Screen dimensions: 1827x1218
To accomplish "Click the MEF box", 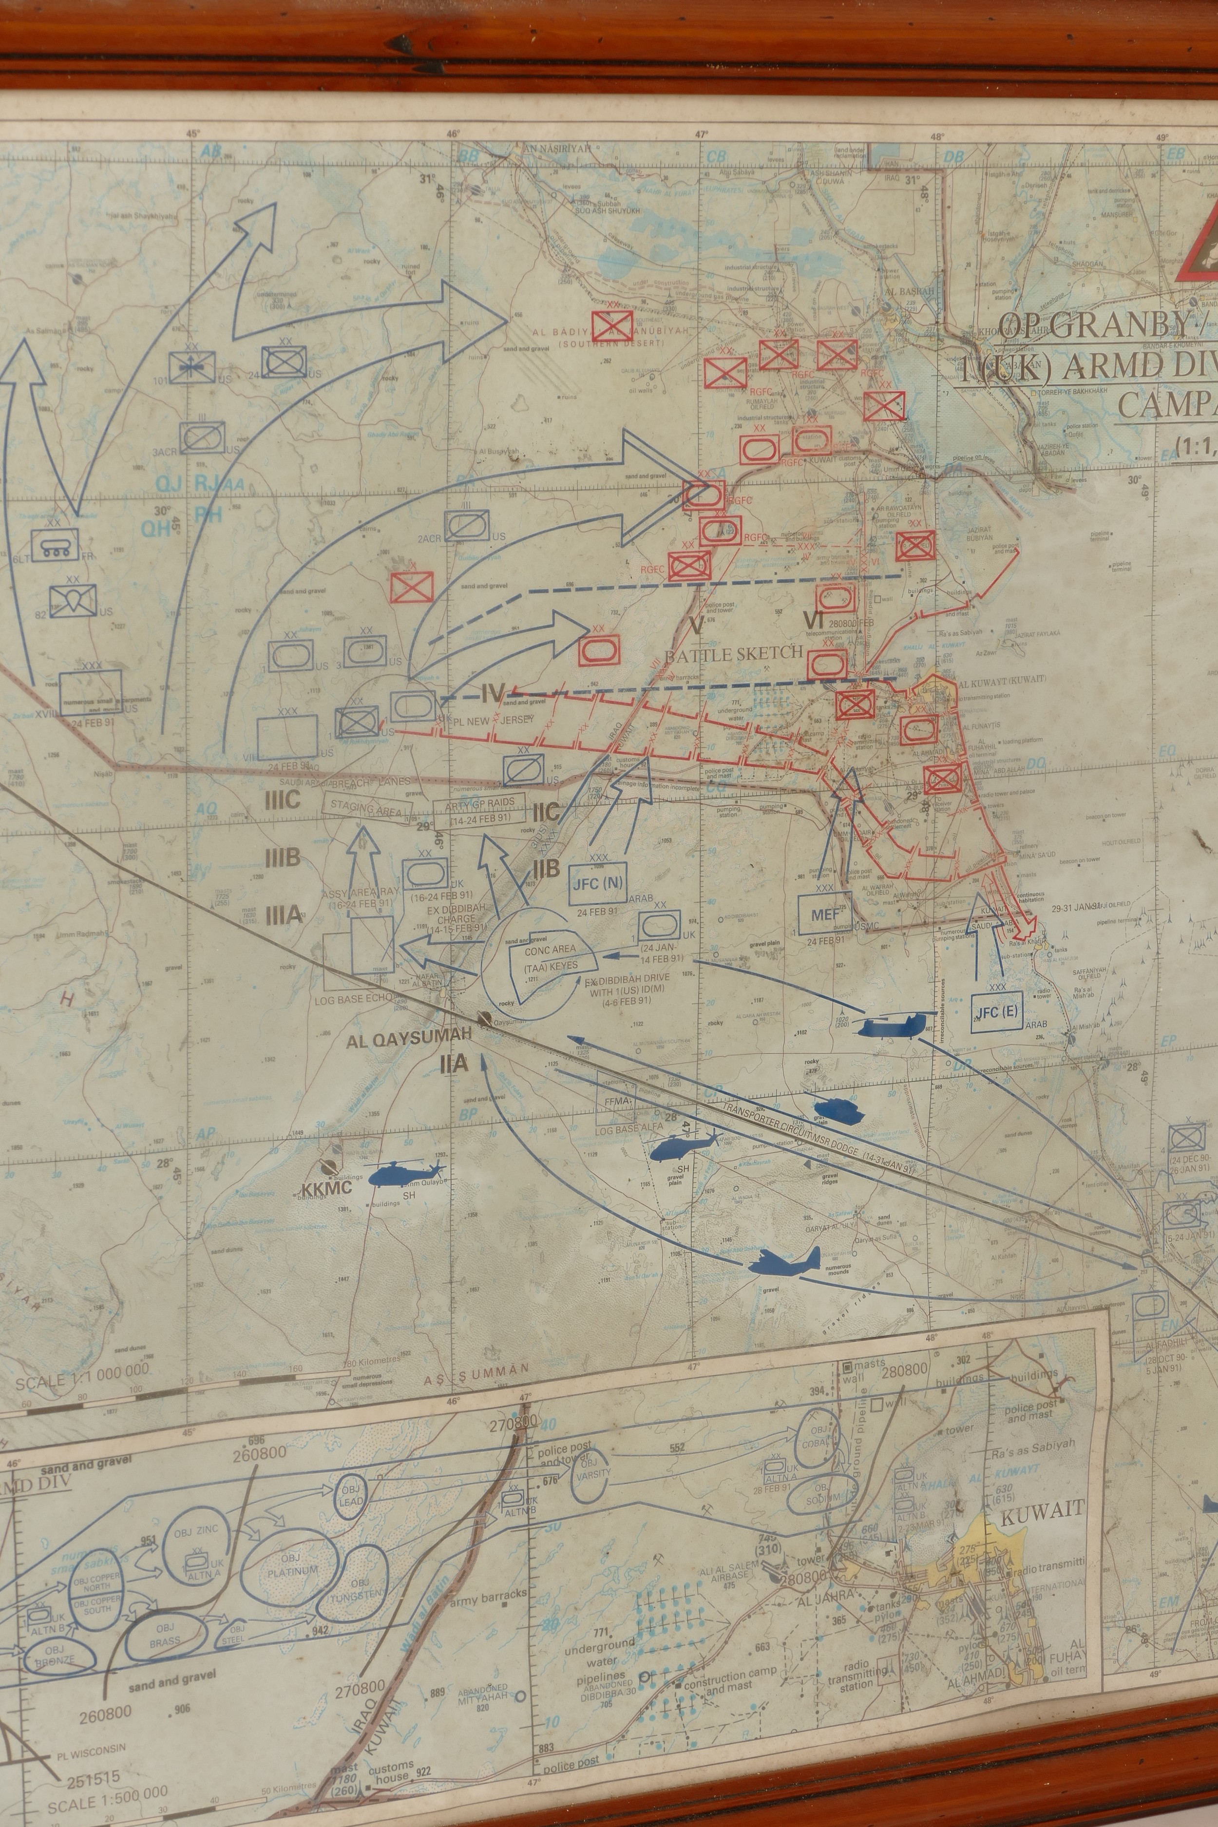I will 825,914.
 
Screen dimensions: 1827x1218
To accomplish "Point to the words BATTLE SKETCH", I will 733,653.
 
